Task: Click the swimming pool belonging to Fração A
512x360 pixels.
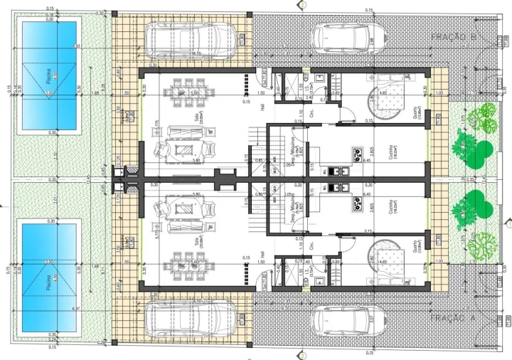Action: tap(49, 277)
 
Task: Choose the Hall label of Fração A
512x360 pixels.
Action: tap(262, 254)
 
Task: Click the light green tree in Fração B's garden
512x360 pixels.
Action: tap(487, 117)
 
